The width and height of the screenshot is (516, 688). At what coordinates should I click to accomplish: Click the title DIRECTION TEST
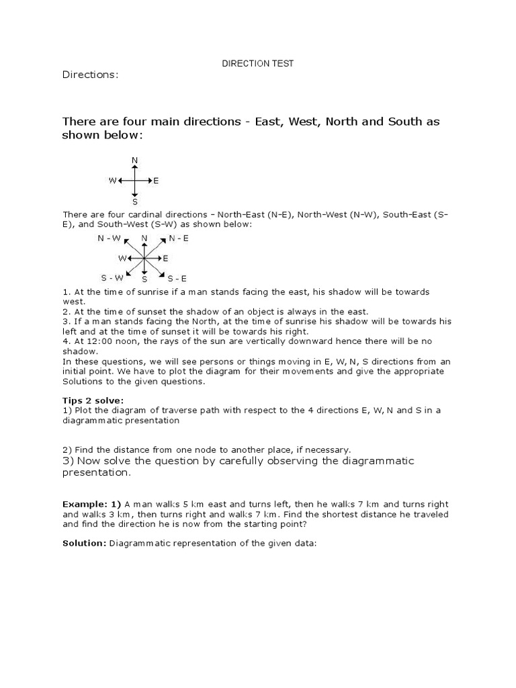tap(258, 63)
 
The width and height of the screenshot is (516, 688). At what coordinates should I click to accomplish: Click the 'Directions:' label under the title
tap(90, 75)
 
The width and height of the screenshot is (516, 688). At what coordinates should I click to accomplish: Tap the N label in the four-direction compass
tap(135, 160)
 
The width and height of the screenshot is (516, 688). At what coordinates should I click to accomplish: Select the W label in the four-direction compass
tap(112, 181)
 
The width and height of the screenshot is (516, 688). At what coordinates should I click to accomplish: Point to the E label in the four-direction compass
tap(156, 181)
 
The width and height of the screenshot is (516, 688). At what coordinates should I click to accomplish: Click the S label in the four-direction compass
tap(135, 201)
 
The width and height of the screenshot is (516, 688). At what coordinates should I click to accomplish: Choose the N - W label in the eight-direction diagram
tap(109, 238)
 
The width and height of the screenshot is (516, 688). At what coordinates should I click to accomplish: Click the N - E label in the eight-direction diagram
tap(179, 238)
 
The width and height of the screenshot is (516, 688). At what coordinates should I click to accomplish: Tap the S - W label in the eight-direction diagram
tap(112, 277)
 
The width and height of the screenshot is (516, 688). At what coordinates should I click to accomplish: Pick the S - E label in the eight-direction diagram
tap(177, 277)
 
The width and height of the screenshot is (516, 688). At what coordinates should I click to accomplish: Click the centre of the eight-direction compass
tap(144, 258)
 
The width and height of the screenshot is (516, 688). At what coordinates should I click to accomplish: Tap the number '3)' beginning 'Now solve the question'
tap(68, 461)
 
